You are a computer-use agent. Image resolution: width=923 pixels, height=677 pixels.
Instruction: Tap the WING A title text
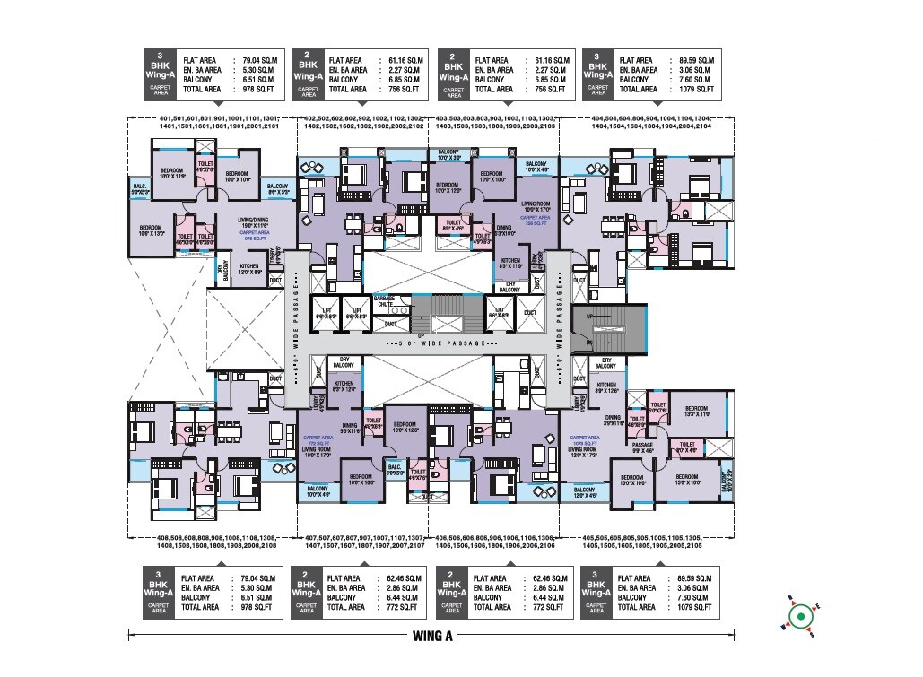(433, 638)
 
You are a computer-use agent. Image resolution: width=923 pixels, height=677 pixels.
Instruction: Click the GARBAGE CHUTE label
(384, 299)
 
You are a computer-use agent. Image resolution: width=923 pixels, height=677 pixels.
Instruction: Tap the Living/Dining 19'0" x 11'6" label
(253, 224)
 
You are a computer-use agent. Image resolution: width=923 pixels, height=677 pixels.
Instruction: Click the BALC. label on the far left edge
(138, 188)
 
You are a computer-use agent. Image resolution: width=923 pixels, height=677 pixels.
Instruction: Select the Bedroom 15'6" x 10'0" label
(687, 479)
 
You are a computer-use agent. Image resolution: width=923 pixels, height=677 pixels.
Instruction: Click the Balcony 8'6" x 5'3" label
(278, 189)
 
